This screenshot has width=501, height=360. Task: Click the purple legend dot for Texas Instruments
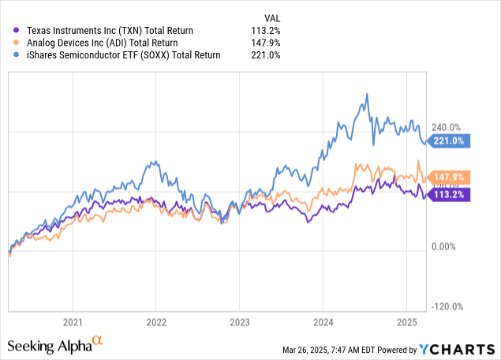pyautogui.click(x=9, y=31)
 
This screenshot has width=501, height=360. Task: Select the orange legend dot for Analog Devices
pyautogui.click(x=9, y=43)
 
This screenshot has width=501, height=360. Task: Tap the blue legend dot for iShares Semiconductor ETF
pyautogui.click(x=9, y=54)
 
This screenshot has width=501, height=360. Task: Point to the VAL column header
pyautogui.click(x=271, y=17)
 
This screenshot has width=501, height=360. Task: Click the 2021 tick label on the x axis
pyautogui.click(x=73, y=322)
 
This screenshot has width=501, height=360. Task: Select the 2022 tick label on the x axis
pyautogui.click(x=155, y=322)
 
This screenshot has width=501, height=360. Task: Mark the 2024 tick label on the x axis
pyautogui.click(x=323, y=322)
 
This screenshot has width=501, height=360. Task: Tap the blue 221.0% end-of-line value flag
pyautogui.click(x=451, y=141)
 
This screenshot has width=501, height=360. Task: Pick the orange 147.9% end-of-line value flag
pyautogui.click(x=451, y=177)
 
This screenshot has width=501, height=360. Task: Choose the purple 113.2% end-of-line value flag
pyautogui.click(x=451, y=194)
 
